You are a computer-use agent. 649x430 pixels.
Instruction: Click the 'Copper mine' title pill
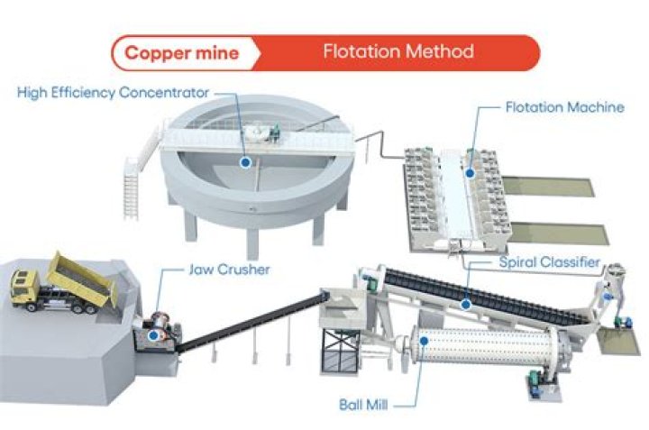click(x=181, y=52)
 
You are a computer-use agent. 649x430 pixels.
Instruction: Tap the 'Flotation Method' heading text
click(x=398, y=51)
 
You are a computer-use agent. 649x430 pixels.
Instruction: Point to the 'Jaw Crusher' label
click(x=228, y=270)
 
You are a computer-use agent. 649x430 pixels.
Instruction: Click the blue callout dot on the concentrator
click(x=244, y=162)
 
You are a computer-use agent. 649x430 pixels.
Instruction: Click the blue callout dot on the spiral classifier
click(x=466, y=304)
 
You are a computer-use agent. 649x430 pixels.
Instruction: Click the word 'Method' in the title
click(x=438, y=51)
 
